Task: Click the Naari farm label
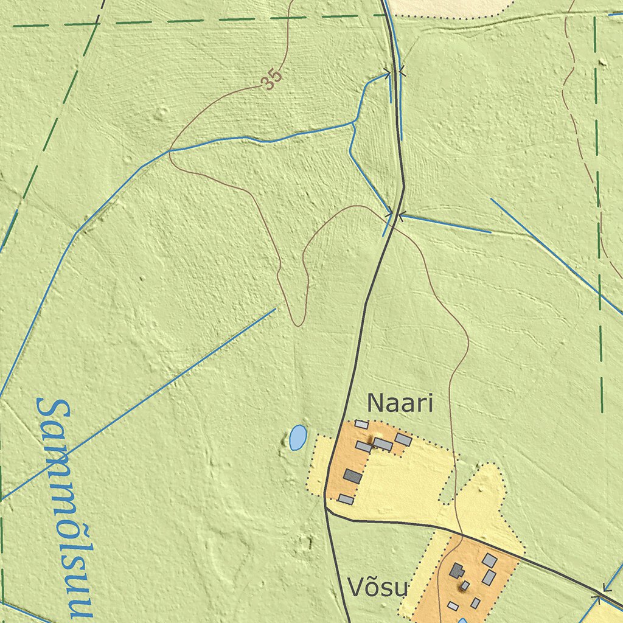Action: (x=400, y=403)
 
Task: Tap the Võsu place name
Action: (x=377, y=588)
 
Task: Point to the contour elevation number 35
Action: (x=273, y=79)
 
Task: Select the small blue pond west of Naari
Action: (x=298, y=437)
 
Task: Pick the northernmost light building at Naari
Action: (x=361, y=424)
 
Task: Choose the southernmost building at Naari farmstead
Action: (x=346, y=499)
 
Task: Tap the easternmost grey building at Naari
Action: (x=403, y=439)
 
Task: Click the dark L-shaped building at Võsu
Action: (x=457, y=571)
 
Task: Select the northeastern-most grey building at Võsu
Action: (x=490, y=560)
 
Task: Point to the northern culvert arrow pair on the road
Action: (x=395, y=72)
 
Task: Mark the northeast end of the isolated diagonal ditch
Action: (x=276, y=309)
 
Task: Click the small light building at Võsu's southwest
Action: (x=453, y=606)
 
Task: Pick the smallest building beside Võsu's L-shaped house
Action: (x=465, y=585)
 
